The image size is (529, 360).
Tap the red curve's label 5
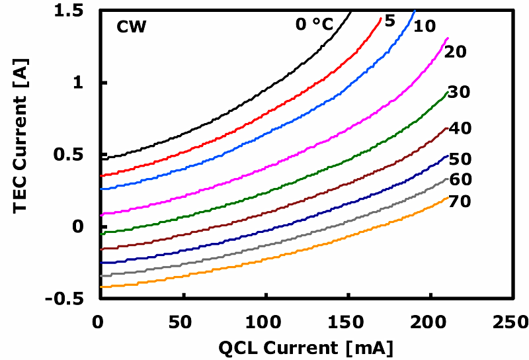[389, 21]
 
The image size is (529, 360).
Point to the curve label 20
[456, 52]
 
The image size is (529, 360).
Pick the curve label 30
[458, 93]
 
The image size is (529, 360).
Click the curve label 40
[460, 128]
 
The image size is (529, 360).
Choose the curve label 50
[460, 159]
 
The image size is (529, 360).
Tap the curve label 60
[460, 179]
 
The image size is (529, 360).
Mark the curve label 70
[460, 202]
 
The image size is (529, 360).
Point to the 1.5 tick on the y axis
[79, 11]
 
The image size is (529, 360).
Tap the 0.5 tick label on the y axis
[79, 156]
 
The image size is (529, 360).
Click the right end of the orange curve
[448, 197]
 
